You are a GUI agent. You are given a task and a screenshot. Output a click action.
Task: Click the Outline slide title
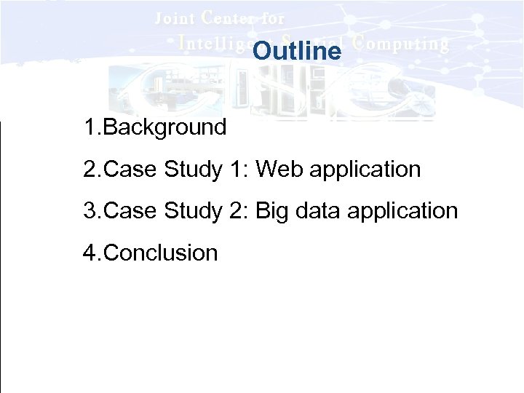pyautogui.click(x=297, y=52)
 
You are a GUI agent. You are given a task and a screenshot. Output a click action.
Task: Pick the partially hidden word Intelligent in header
pyautogui.click(x=215, y=43)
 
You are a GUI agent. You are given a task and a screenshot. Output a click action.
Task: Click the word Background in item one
pyautogui.click(x=165, y=128)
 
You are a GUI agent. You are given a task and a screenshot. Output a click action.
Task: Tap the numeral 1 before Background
pyautogui.click(x=90, y=128)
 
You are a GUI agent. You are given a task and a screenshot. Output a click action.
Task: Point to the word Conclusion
pyautogui.click(x=161, y=253)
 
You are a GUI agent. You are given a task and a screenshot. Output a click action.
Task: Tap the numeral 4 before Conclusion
pyautogui.click(x=90, y=253)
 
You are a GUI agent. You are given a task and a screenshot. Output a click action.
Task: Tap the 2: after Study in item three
pyautogui.click(x=239, y=212)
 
